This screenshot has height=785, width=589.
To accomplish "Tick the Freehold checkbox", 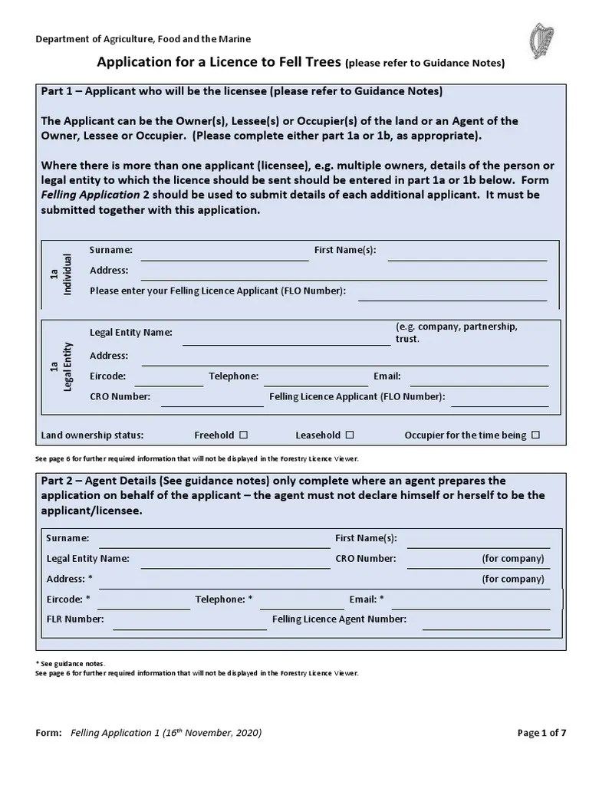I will pyautogui.click(x=243, y=435).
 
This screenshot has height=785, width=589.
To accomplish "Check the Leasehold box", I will pyautogui.click(x=349, y=435).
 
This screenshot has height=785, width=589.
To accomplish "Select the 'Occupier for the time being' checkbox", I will pyautogui.click(x=535, y=435).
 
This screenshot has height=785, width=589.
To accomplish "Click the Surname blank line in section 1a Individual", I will pyautogui.click(x=224, y=256).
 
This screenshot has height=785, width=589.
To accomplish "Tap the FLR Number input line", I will pyautogui.click(x=189, y=624).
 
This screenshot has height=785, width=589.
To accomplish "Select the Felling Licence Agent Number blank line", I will pyautogui.click(x=485, y=624).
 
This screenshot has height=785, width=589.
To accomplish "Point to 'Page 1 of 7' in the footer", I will pyautogui.click(x=541, y=733).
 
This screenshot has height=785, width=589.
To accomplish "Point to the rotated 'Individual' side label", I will pyautogui.click(x=67, y=274).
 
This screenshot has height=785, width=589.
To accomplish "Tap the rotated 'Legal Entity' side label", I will pyautogui.click(x=67, y=366).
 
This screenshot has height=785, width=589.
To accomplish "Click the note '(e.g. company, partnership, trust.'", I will pyautogui.click(x=456, y=332).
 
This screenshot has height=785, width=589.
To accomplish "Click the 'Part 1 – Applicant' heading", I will pyautogui.click(x=241, y=91).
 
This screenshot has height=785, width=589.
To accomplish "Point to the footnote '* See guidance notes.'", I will pyautogui.click(x=71, y=663).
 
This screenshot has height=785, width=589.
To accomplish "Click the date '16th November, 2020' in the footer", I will pyautogui.click(x=210, y=733).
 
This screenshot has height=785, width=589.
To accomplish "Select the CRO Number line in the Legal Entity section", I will pyautogui.click(x=212, y=402).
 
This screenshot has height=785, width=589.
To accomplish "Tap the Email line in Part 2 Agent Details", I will pyautogui.click(x=470, y=604).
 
